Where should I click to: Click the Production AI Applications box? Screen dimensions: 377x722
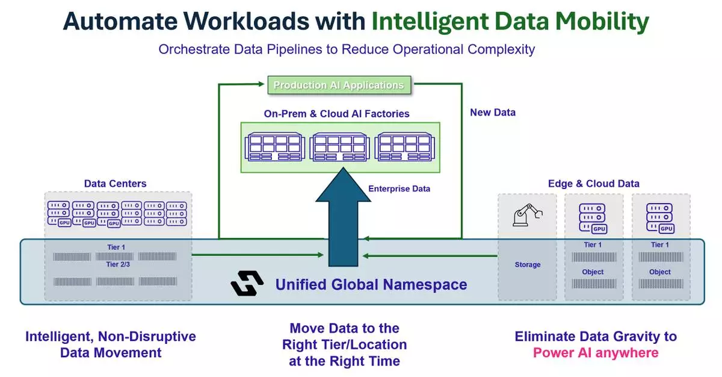[339, 85]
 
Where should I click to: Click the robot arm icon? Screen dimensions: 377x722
[527, 214]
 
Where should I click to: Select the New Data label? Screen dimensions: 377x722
[493, 112]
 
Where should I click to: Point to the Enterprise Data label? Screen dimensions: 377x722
[399, 188]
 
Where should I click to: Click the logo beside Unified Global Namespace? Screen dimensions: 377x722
[247, 283]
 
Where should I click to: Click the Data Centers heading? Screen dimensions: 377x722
[115, 183]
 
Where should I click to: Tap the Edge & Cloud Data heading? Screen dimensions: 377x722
[593, 183]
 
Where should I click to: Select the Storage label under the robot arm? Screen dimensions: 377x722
[528, 264]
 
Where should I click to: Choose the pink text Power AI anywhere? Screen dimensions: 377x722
[596, 352]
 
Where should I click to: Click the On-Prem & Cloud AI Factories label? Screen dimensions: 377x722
[336, 113]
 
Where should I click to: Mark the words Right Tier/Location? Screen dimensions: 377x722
[345, 344]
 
